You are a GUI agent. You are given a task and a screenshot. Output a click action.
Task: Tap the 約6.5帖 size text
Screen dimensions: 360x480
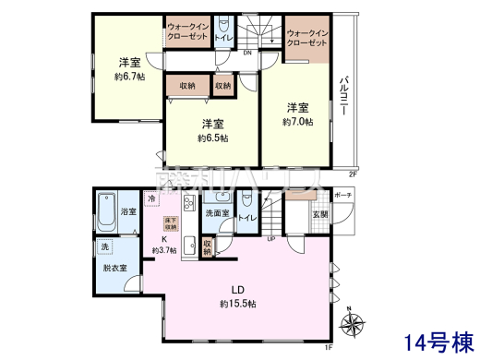click(212, 138)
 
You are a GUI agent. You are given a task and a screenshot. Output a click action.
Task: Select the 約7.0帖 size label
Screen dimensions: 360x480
click(297, 121)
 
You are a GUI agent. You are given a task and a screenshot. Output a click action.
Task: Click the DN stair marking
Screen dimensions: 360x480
click(246, 53)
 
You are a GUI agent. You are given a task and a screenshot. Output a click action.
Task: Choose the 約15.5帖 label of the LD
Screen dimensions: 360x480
click(237, 304)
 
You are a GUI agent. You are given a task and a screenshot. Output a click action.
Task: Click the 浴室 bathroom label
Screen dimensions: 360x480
click(128, 212)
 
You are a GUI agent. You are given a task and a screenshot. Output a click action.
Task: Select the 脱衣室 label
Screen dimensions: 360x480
click(115, 268)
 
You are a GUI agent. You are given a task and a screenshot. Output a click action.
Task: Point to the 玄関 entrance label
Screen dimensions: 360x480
click(318, 216)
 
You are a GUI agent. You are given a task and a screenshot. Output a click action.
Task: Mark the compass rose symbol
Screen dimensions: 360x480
click(352, 323)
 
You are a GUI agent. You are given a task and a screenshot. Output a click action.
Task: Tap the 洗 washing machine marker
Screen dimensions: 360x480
click(104, 247)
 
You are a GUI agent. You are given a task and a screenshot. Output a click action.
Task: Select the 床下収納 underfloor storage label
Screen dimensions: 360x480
click(171, 223)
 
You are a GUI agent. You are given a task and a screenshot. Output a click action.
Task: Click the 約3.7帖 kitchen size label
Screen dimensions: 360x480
click(166, 250)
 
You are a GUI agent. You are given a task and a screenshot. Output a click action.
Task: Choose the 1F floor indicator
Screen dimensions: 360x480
click(328, 346)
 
